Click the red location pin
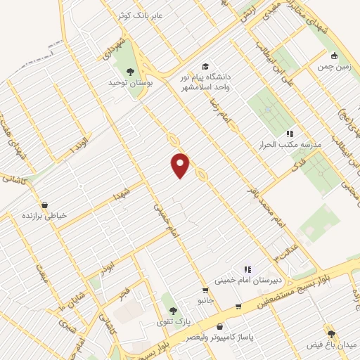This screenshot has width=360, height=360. click(x=181, y=165)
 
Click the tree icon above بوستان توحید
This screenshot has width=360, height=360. click(x=129, y=71)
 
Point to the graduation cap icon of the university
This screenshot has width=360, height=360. click(x=205, y=66)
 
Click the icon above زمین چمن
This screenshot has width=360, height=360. click(x=334, y=56)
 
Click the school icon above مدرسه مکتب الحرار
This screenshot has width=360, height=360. click(x=289, y=134)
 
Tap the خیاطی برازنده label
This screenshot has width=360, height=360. click(x=44, y=216)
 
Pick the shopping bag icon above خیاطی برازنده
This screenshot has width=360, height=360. click(x=44, y=205)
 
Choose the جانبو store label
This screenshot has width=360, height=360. click(x=205, y=300)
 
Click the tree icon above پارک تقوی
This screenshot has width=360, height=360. click(x=173, y=310)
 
